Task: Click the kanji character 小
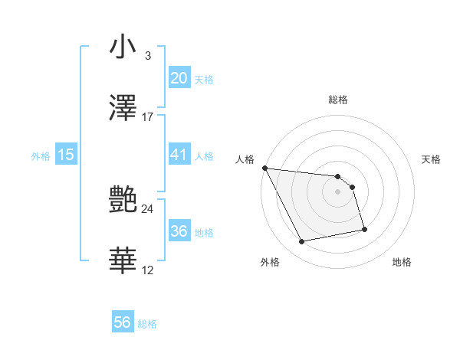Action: (x=123, y=47)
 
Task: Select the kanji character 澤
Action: (x=123, y=108)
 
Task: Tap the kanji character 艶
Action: (x=123, y=200)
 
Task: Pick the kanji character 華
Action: (x=123, y=261)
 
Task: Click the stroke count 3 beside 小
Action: (x=147, y=56)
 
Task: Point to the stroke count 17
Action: (x=148, y=117)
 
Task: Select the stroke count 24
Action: (x=148, y=208)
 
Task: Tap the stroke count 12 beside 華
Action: (x=148, y=270)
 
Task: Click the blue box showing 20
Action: (x=179, y=78)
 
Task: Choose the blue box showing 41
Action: (x=179, y=155)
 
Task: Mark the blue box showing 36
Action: (x=179, y=231)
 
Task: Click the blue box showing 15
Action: (x=66, y=155)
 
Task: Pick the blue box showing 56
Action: (x=122, y=323)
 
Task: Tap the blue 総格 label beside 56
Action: (x=147, y=324)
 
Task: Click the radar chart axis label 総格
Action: (x=338, y=100)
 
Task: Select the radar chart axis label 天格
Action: (x=432, y=159)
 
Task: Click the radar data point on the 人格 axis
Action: (x=264, y=168)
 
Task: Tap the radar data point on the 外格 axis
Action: (x=302, y=242)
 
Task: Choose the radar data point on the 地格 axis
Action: (x=364, y=228)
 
